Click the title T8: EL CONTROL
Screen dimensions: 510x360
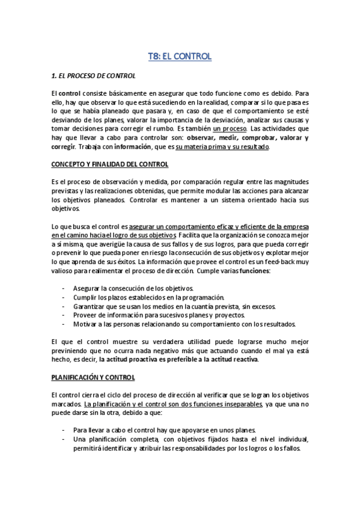click(180, 57)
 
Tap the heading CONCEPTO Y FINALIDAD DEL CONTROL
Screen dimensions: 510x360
click(109, 164)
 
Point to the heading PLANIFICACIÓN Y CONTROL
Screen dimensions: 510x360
click(93, 377)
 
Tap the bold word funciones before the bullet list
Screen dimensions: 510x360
click(255, 271)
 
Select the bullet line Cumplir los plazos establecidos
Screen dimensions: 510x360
click(148, 297)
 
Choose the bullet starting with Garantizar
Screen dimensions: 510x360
click(174, 306)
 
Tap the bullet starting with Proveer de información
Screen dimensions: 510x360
click(159, 315)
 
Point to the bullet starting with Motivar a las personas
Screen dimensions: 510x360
click(185, 324)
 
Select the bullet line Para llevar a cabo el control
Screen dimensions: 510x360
click(164, 430)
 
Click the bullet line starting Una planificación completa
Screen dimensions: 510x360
click(191, 439)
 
